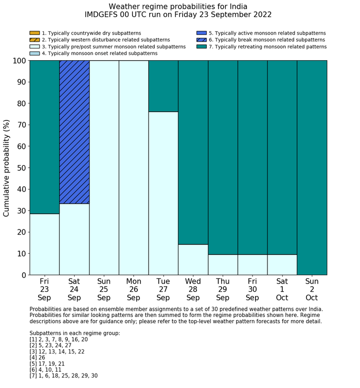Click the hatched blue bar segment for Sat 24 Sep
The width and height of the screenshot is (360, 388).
click(x=75, y=132)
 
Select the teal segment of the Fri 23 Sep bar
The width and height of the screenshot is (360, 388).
click(x=45, y=137)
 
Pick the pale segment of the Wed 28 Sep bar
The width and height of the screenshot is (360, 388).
click(x=193, y=259)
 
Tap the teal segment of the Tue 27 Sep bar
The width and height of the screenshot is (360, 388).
click(x=164, y=86)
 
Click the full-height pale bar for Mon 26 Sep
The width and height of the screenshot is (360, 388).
click(x=134, y=167)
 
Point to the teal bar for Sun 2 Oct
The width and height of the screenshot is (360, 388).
click(x=312, y=167)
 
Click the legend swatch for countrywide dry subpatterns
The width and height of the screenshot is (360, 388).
click(x=34, y=33)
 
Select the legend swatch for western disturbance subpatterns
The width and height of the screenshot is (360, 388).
click(x=34, y=40)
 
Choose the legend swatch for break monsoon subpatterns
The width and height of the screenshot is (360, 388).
click(x=201, y=40)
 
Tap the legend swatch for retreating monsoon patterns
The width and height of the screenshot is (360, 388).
click(x=201, y=46)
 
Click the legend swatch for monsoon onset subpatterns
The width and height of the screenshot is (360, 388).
click(x=34, y=53)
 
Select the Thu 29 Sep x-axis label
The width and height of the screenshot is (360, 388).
click(x=223, y=289)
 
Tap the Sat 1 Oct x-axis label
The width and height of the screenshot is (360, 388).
click(x=282, y=289)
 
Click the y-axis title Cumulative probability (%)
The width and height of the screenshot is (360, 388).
click(x=7, y=168)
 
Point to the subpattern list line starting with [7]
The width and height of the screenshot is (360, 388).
click(x=64, y=376)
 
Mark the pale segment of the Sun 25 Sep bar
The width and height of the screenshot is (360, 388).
click(x=104, y=167)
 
